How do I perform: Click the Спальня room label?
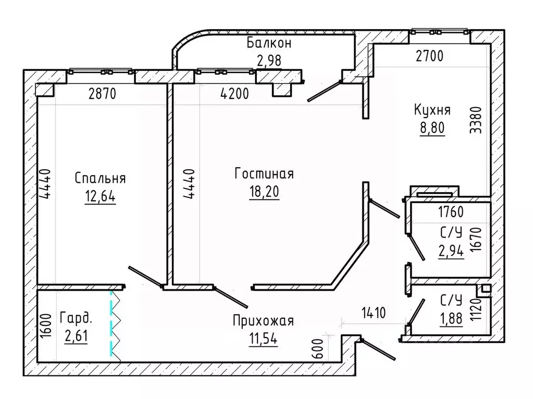coord(100,178)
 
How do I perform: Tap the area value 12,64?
coord(100,196)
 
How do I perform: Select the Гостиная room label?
coord(264,173)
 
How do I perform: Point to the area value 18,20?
coord(264,192)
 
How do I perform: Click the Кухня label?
coord(432,110)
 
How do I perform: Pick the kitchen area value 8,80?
coord(432,128)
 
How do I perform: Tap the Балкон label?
coord(269,43)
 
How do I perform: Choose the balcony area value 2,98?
coord(269,61)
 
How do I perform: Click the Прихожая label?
coord(263,321)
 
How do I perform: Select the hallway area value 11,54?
coord(263,339)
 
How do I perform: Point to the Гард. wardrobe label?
coord(76,318)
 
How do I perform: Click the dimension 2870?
coord(102,93)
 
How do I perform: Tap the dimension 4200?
coord(234,93)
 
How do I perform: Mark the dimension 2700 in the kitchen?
coord(430,56)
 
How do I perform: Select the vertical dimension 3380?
coord(476,120)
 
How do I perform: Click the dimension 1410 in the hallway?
coord(374,313)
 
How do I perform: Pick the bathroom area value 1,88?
coord(451,318)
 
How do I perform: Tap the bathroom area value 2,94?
coord(451,251)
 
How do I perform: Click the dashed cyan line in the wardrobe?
coord(111,323)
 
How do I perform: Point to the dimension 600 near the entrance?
coord(317,348)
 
